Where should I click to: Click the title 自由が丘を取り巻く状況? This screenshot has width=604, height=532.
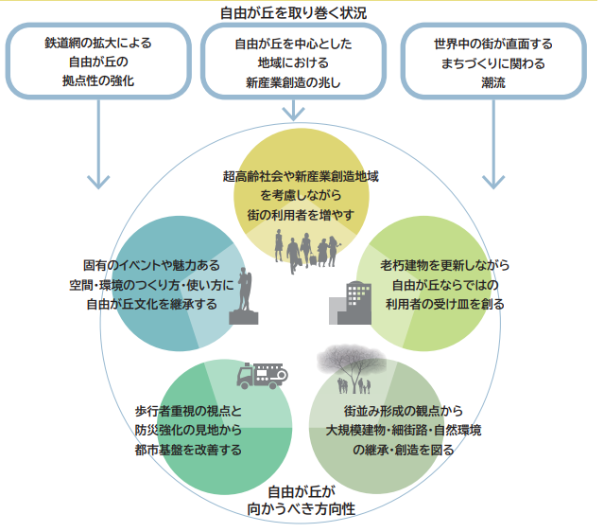tap(302, 11)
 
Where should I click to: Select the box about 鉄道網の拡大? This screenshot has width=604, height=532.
tap(97, 62)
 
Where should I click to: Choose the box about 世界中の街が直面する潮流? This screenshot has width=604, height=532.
tap(493, 62)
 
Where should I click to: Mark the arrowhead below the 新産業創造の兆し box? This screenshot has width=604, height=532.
tap(293, 114)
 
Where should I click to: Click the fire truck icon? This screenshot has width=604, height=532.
tap(265, 376)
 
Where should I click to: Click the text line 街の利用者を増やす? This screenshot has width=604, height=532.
tap(301, 215)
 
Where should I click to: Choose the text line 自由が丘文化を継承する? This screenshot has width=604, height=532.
tap(151, 304)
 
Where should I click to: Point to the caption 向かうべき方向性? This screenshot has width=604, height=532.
tap(302, 509)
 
